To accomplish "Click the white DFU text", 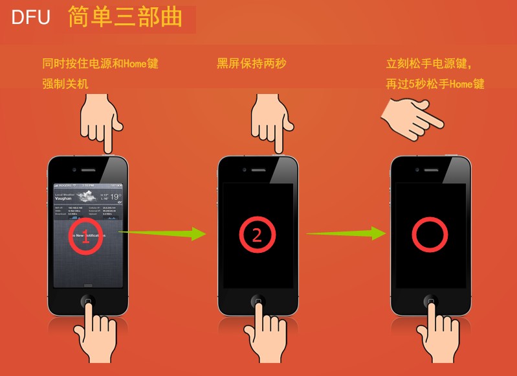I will coord(30,18).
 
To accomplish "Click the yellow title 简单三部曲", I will coord(125,18).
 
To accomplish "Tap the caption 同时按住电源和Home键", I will coord(100,64).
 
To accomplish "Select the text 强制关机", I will coord(65,84).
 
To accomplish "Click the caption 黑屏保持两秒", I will coord(252,64).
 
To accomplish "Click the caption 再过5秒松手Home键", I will coord(435,84).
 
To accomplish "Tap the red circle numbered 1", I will coord(86,235).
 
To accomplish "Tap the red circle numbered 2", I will coord(257,235).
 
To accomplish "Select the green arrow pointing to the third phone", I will coord(343,232).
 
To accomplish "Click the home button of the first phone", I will coord(87,301).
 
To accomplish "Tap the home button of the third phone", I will coord(430,301).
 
